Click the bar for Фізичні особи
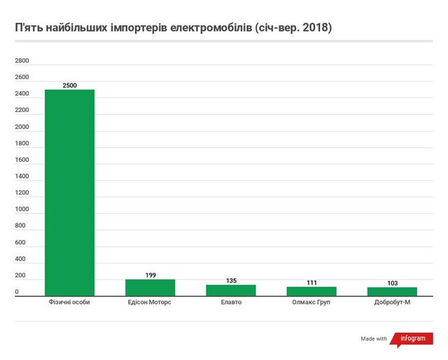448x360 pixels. pyautogui.click(x=69, y=193)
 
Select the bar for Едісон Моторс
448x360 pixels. pyautogui.click(x=150, y=288)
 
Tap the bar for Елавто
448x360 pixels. pyautogui.click(x=231, y=290)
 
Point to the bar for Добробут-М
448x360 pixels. pyautogui.click(x=393, y=291)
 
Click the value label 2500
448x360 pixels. pyautogui.click(x=69, y=85)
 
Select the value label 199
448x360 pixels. pyautogui.click(x=150, y=275)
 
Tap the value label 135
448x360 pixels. pyautogui.click(x=231, y=280)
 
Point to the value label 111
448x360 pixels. pyautogui.click(x=312, y=282)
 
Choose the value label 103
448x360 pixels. pyautogui.click(x=393, y=283)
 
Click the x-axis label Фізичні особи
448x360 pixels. pyautogui.click(x=69, y=303)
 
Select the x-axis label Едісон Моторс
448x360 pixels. pyautogui.click(x=150, y=303)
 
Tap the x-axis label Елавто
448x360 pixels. pyautogui.click(x=231, y=303)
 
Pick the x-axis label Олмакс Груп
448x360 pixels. pyautogui.click(x=312, y=303)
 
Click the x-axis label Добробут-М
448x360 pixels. pyautogui.click(x=393, y=303)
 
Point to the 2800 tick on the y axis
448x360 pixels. pyautogui.click(x=22, y=61)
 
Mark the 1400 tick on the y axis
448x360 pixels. pyautogui.click(x=22, y=176)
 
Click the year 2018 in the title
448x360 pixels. pyautogui.click(x=314, y=29)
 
